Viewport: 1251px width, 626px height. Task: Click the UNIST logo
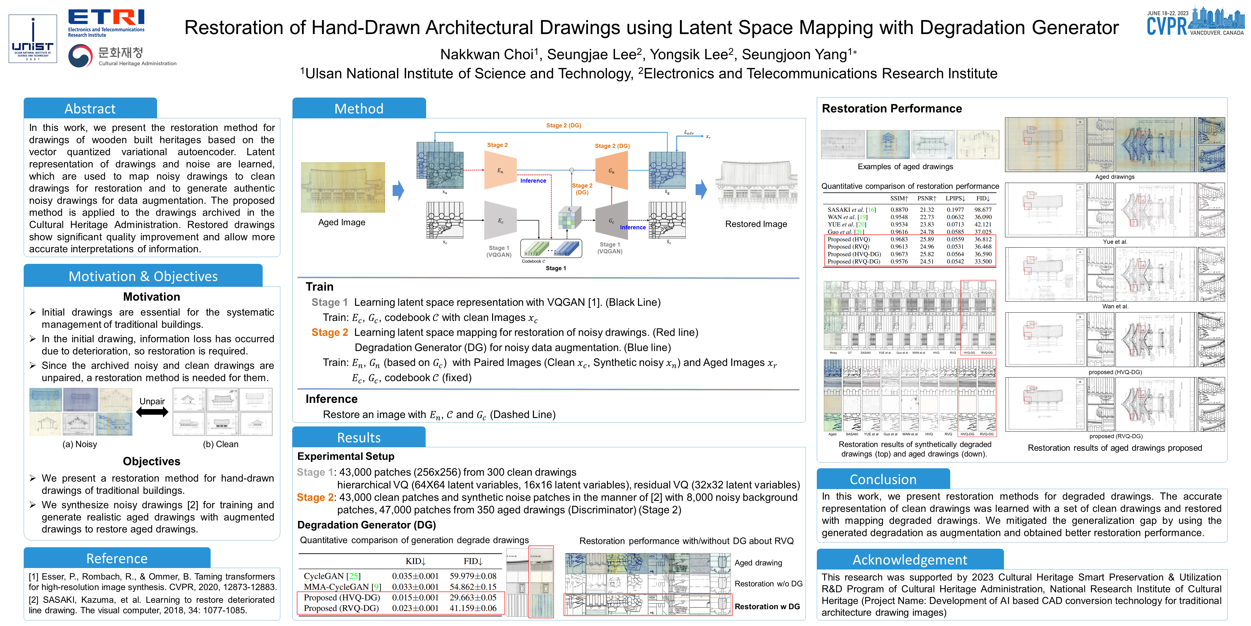point(32,39)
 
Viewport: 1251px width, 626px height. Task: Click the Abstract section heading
point(90,108)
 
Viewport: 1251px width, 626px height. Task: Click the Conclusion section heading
point(883,479)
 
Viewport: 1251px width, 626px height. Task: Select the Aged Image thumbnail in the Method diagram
point(343,187)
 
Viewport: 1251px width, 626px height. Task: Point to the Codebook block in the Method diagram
point(551,249)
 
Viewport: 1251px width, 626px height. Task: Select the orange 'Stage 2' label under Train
point(330,333)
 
